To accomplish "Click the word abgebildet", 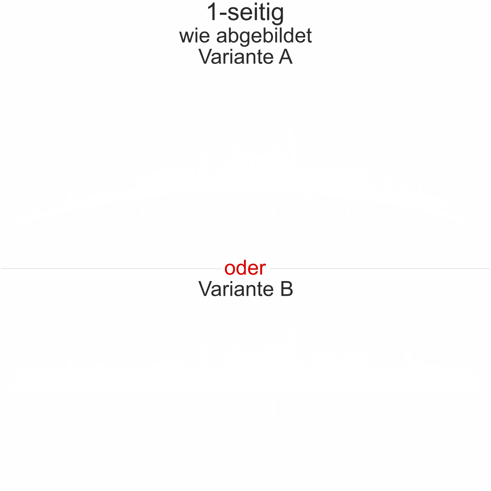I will tap(264, 36).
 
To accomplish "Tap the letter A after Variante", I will tap(286, 56).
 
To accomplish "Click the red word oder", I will tap(245, 268).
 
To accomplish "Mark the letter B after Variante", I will tap(287, 288).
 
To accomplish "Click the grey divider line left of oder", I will tap(110, 269).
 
